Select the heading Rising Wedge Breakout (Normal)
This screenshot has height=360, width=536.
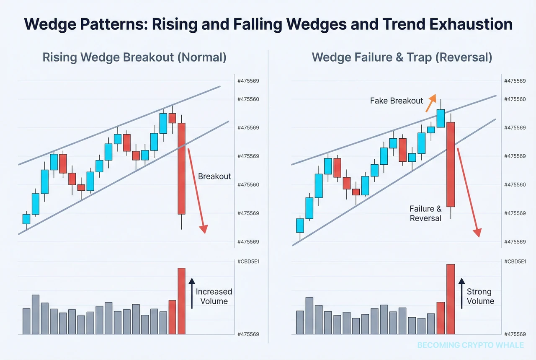tap(134, 57)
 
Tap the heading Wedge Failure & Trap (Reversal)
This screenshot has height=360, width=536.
tap(402, 57)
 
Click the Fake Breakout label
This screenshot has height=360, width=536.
tap(397, 101)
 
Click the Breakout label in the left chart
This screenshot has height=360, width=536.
tap(214, 176)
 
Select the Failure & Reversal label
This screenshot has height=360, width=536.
tap(425, 213)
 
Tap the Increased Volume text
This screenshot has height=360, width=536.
tap(214, 296)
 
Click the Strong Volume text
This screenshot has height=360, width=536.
tap(480, 296)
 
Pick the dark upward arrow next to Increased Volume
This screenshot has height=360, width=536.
tap(192, 293)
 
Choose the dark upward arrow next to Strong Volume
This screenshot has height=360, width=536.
tap(461, 293)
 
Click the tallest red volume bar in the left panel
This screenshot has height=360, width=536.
tap(181, 301)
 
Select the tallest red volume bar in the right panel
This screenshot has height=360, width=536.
tap(450, 299)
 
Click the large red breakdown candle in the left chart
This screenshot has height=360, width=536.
tap(181, 168)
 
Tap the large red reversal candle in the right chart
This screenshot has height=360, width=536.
tap(451, 164)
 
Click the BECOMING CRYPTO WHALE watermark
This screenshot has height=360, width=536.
tap(470, 345)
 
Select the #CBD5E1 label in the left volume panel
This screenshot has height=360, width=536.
tap(248, 262)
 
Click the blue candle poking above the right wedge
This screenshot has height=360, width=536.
tap(441, 118)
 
